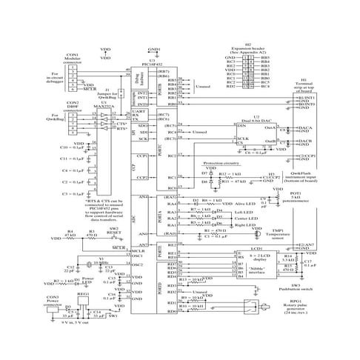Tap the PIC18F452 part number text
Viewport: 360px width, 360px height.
pos(151,64)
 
